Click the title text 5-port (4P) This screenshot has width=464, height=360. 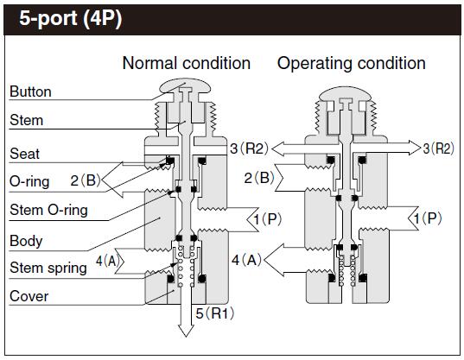point(66,19)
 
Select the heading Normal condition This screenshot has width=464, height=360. point(186,63)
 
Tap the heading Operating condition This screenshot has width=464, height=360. point(351,63)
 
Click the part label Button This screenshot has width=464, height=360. point(30,92)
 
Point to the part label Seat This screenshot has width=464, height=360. point(24,154)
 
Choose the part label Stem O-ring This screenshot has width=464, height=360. point(48,210)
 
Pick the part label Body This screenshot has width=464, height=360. point(25,241)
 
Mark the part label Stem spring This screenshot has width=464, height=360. point(48,268)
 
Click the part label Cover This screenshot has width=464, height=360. point(28,296)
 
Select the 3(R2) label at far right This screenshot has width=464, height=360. point(437,148)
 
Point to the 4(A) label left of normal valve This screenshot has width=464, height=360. point(110,259)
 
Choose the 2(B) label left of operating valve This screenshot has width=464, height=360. point(259,178)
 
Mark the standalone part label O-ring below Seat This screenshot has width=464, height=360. point(29,182)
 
